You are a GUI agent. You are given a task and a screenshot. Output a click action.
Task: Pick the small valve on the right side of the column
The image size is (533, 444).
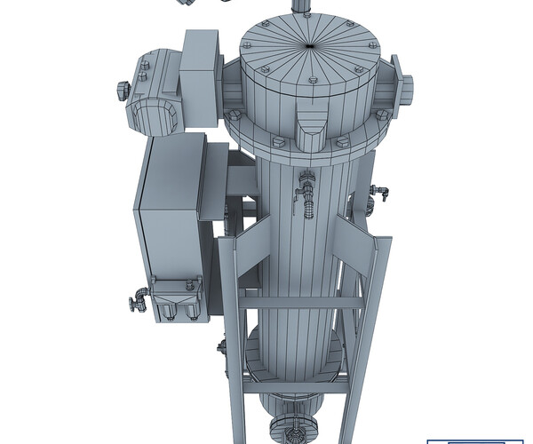(380, 190)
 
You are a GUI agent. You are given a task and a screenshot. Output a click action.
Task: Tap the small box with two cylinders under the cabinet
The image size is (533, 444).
(178, 302)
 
